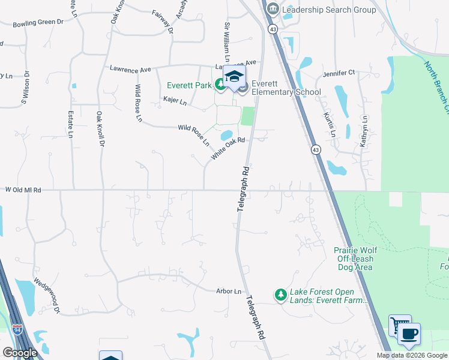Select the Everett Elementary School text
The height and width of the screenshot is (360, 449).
point(286,88)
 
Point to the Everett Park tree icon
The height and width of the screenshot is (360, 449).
point(220,85)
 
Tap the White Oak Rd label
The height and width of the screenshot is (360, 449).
point(229,148)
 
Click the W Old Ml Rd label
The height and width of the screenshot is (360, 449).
point(23,190)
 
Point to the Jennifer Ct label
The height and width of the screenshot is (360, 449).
point(339,73)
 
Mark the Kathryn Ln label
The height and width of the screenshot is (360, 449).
point(364,126)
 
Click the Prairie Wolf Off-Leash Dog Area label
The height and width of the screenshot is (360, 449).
point(354,254)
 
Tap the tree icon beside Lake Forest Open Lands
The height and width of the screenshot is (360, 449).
point(280,294)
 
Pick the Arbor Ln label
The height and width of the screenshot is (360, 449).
point(229,292)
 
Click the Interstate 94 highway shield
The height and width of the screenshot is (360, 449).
point(18,329)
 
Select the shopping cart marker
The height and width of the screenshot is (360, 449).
point(399,325)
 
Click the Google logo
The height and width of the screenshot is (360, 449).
point(20,353)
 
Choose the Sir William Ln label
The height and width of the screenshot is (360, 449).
point(228,43)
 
